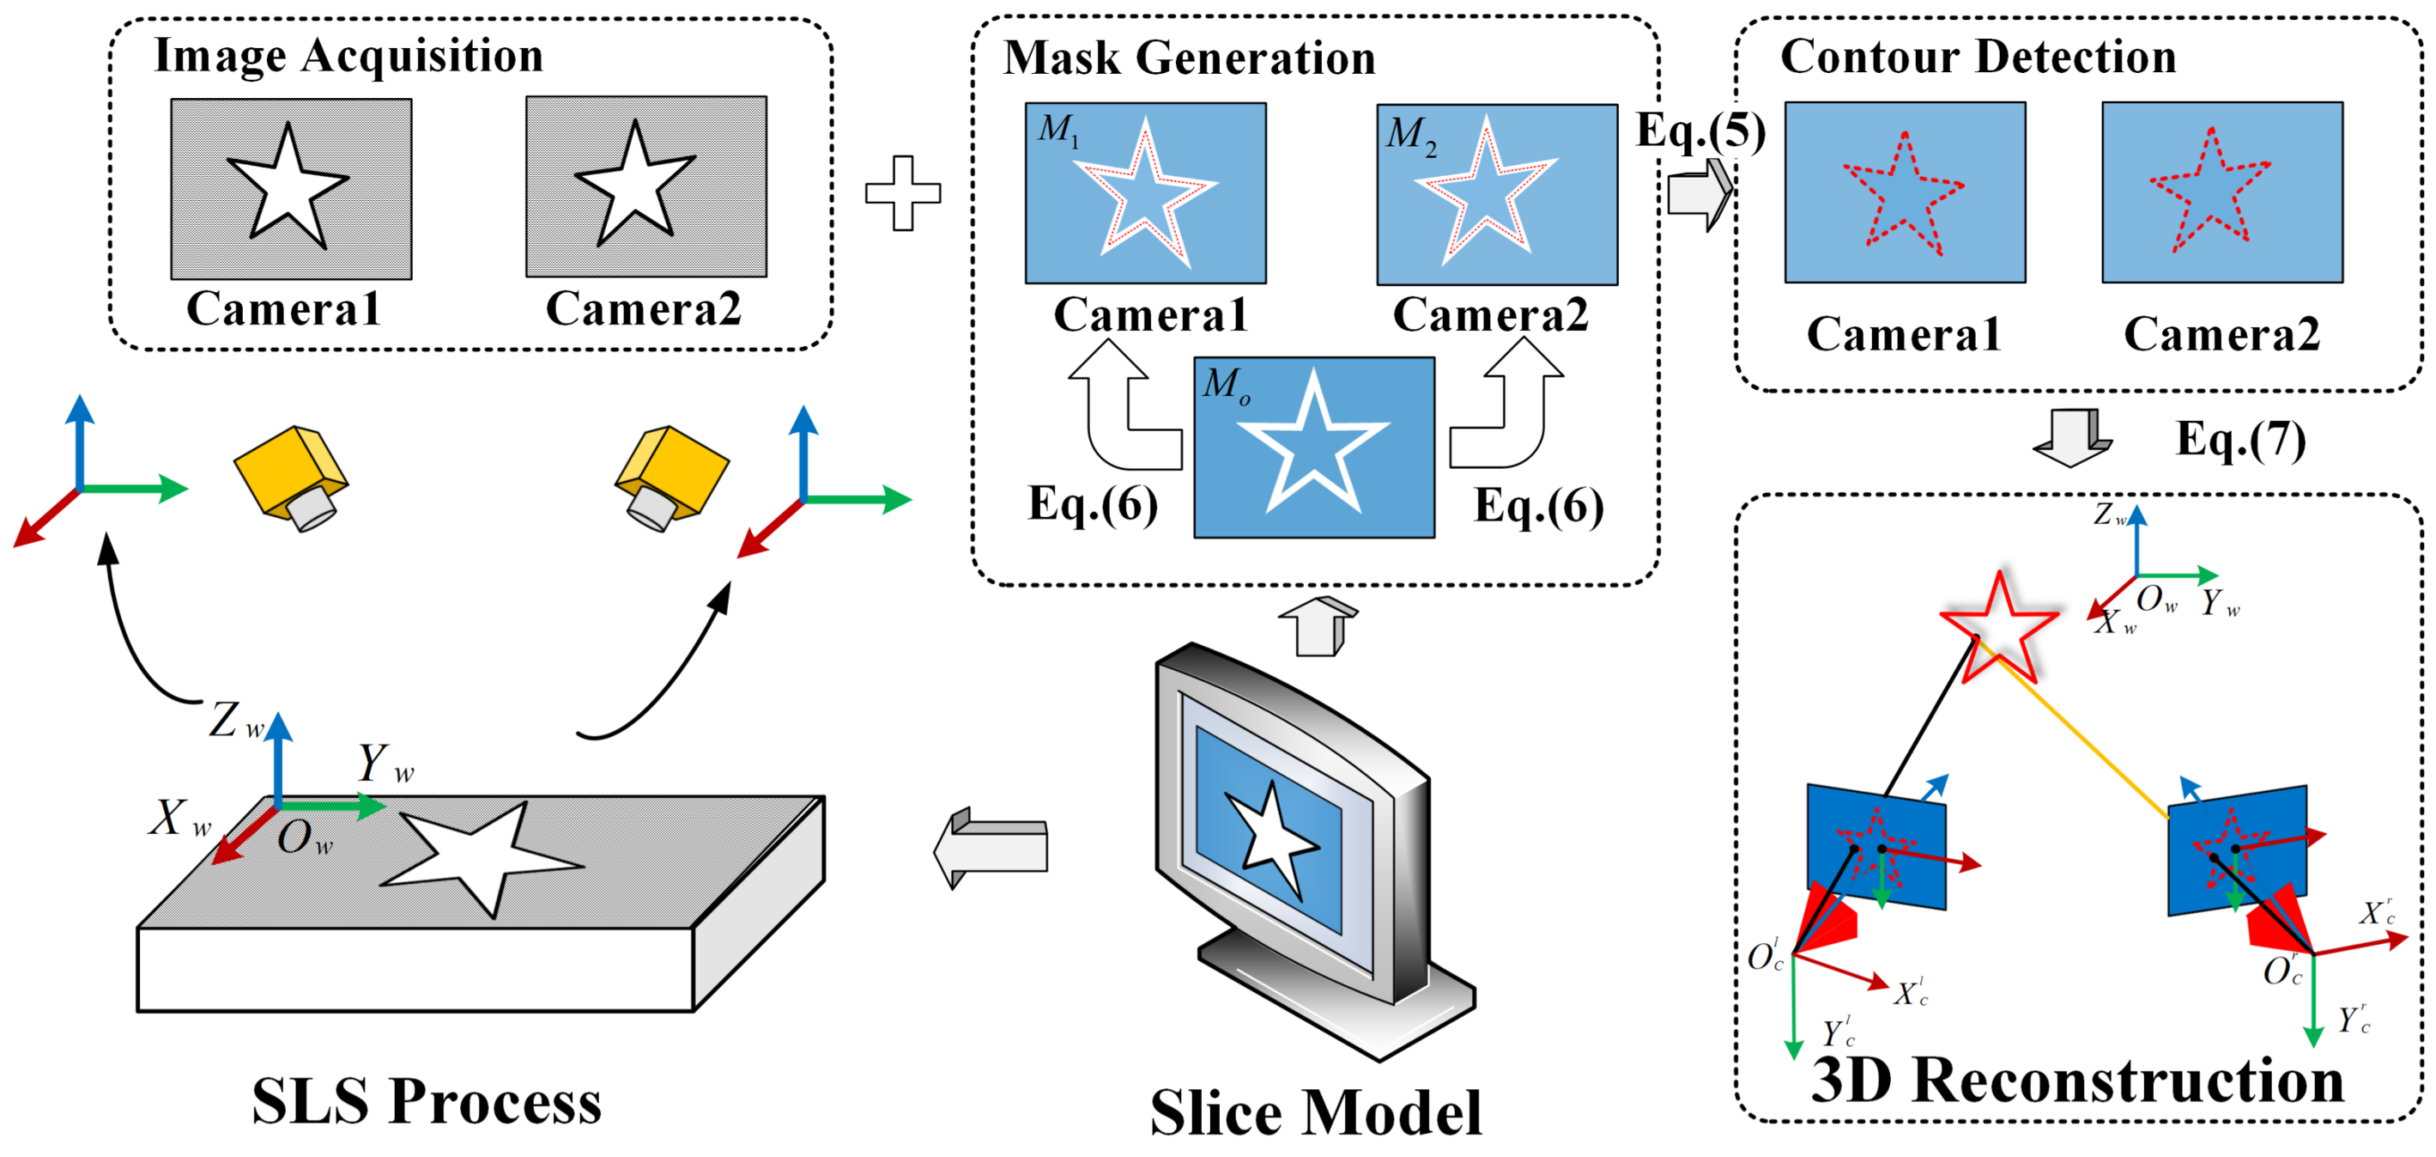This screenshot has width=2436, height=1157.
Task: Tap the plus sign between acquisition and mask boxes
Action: point(903,193)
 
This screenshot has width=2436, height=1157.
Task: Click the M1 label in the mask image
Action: point(1057,130)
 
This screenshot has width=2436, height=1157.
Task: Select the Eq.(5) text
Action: point(1700,131)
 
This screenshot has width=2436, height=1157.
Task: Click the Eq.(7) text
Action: point(2240,439)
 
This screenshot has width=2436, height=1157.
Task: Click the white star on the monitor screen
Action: point(1271,837)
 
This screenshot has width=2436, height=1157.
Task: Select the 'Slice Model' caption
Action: point(1315,1111)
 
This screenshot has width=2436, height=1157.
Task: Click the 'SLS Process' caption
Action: point(427,1101)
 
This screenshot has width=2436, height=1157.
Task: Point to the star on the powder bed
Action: point(482,856)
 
